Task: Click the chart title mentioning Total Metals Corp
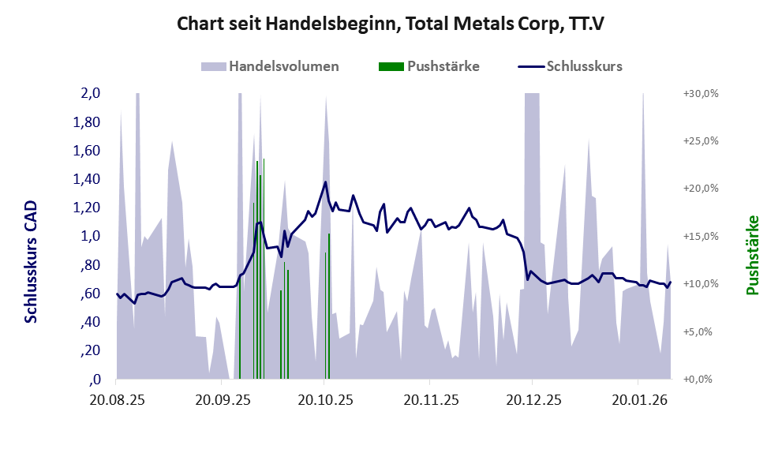click(390, 24)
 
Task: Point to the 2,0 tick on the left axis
click(90, 93)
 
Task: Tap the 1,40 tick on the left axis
click(86, 179)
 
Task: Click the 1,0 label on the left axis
click(90, 236)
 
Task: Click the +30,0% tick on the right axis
click(700, 93)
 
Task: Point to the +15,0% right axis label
click(700, 236)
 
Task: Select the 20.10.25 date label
click(324, 400)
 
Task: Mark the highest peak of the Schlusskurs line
click(325, 182)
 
